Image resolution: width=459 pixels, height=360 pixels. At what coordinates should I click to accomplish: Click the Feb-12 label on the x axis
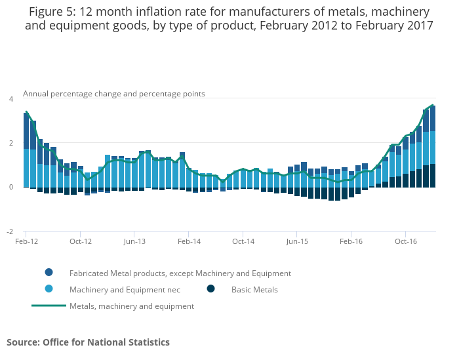pos(26,241)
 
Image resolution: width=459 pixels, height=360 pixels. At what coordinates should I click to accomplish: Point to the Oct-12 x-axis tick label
pos(80,241)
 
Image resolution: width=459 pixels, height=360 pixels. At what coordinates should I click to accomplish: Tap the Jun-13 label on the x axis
pos(134,241)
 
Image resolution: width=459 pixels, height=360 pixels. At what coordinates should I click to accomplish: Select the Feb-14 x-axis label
pos(189,241)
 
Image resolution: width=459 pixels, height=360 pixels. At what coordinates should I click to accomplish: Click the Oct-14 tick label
pos(243,241)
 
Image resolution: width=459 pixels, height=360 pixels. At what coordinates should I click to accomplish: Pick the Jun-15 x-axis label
pos(297,241)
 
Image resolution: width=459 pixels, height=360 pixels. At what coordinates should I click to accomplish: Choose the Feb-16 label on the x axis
pos(351,241)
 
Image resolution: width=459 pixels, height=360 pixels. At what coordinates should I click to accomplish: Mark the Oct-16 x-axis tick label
pos(406,241)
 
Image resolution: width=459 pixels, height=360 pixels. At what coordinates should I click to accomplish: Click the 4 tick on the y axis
pos(10,99)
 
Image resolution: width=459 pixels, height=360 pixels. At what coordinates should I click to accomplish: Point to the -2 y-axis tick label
pos(10,231)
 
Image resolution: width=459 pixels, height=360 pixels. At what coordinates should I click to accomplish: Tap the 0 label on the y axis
pos(10,188)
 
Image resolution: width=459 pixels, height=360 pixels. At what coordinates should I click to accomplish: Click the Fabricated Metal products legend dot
pos(49,273)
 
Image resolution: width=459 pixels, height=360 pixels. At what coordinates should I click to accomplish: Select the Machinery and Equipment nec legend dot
pos(49,289)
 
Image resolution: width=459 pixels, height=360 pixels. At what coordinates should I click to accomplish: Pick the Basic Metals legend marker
pos(211,289)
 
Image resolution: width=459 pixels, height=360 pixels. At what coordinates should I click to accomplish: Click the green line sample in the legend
pos(49,306)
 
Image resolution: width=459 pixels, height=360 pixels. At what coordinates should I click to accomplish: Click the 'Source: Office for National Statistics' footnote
pos(88,342)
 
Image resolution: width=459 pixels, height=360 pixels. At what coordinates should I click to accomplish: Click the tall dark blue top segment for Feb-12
pos(26,131)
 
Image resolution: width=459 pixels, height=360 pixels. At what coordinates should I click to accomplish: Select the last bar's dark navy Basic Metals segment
pos(433,176)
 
